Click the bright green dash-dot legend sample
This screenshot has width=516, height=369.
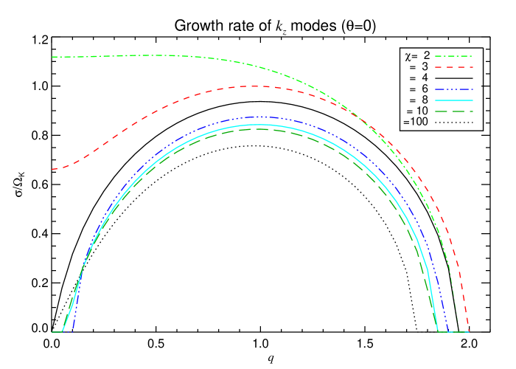coord(453,56)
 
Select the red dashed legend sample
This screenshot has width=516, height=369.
coord(453,67)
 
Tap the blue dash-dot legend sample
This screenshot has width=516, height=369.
coord(453,89)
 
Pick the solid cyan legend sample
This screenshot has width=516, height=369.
coord(453,100)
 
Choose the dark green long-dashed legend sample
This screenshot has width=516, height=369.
coord(453,111)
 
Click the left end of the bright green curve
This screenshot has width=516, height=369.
coord(52,57)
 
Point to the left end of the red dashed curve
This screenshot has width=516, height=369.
coord(52,169)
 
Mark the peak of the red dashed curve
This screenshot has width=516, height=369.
coord(254,86)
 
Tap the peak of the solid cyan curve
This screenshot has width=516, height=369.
coord(258,124)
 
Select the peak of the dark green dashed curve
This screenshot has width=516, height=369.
coord(258,129)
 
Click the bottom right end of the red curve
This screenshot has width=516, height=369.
coord(468,331)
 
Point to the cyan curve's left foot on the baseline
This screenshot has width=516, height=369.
coord(62,332)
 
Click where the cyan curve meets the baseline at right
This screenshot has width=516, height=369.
coord(438,332)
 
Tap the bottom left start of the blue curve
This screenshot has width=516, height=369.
coord(70,332)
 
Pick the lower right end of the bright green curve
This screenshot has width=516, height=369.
coord(458,323)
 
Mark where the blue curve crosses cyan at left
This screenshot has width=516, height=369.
coord(83,266)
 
